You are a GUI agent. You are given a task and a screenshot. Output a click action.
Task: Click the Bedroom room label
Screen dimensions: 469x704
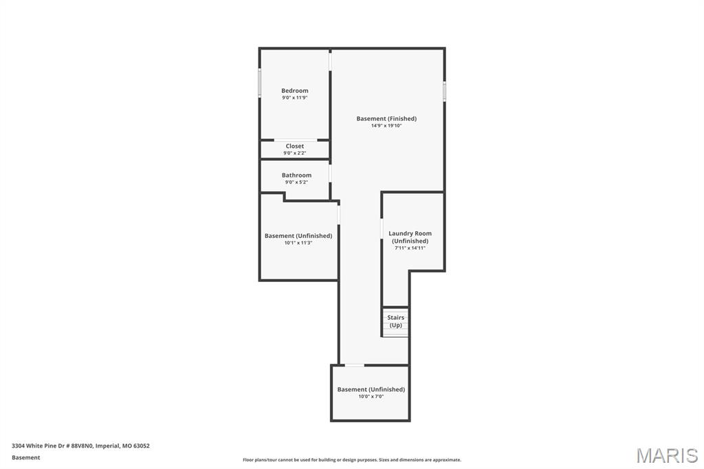click(x=294, y=91)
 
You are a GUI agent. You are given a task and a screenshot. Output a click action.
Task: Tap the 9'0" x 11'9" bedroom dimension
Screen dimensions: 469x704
click(x=294, y=98)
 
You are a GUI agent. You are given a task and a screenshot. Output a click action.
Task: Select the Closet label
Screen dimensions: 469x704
click(x=294, y=146)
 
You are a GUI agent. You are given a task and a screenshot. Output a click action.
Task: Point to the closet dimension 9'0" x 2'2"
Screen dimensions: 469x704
click(x=294, y=153)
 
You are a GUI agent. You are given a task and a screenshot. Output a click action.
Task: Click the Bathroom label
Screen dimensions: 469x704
click(x=296, y=175)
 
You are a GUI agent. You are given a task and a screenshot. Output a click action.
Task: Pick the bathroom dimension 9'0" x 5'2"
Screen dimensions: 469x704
click(x=296, y=182)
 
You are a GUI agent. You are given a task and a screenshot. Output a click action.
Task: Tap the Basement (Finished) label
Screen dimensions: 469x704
click(x=386, y=119)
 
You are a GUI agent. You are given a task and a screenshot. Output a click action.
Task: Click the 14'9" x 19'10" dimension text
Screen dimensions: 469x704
click(x=386, y=126)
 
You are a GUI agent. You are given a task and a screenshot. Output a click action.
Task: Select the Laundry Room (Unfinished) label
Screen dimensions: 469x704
click(x=410, y=237)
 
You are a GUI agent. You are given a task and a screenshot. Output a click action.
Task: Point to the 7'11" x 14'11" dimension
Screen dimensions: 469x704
click(x=410, y=248)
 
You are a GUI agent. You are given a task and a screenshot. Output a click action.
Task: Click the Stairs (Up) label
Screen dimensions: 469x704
click(x=395, y=321)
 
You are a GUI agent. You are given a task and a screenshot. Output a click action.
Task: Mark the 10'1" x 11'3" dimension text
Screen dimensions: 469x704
click(x=298, y=243)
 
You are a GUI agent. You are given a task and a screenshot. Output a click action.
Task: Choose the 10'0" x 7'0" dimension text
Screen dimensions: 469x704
click(x=371, y=396)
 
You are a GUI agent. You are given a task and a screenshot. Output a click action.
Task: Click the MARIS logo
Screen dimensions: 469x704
click(x=667, y=455)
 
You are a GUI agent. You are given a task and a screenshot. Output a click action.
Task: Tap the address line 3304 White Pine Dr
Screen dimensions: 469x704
click(x=80, y=446)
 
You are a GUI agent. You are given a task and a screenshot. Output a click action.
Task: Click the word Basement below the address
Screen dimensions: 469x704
click(x=25, y=457)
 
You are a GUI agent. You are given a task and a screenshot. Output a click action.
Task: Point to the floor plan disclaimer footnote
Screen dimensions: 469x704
click(x=351, y=460)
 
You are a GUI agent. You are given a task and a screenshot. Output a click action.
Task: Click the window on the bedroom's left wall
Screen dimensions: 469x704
click(x=259, y=83)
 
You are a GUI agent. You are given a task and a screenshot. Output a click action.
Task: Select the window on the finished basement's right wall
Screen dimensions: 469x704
click(x=444, y=91)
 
